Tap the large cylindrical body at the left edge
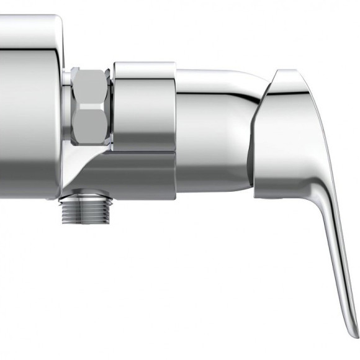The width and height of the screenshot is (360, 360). pyautogui.click(x=28, y=106)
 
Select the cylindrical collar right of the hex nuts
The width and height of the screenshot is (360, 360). pyautogui.click(x=144, y=106)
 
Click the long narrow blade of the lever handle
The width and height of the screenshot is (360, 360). pyautogui.click(x=338, y=261)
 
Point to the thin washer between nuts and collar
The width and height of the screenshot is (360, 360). pyautogui.click(x=112, y=106)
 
